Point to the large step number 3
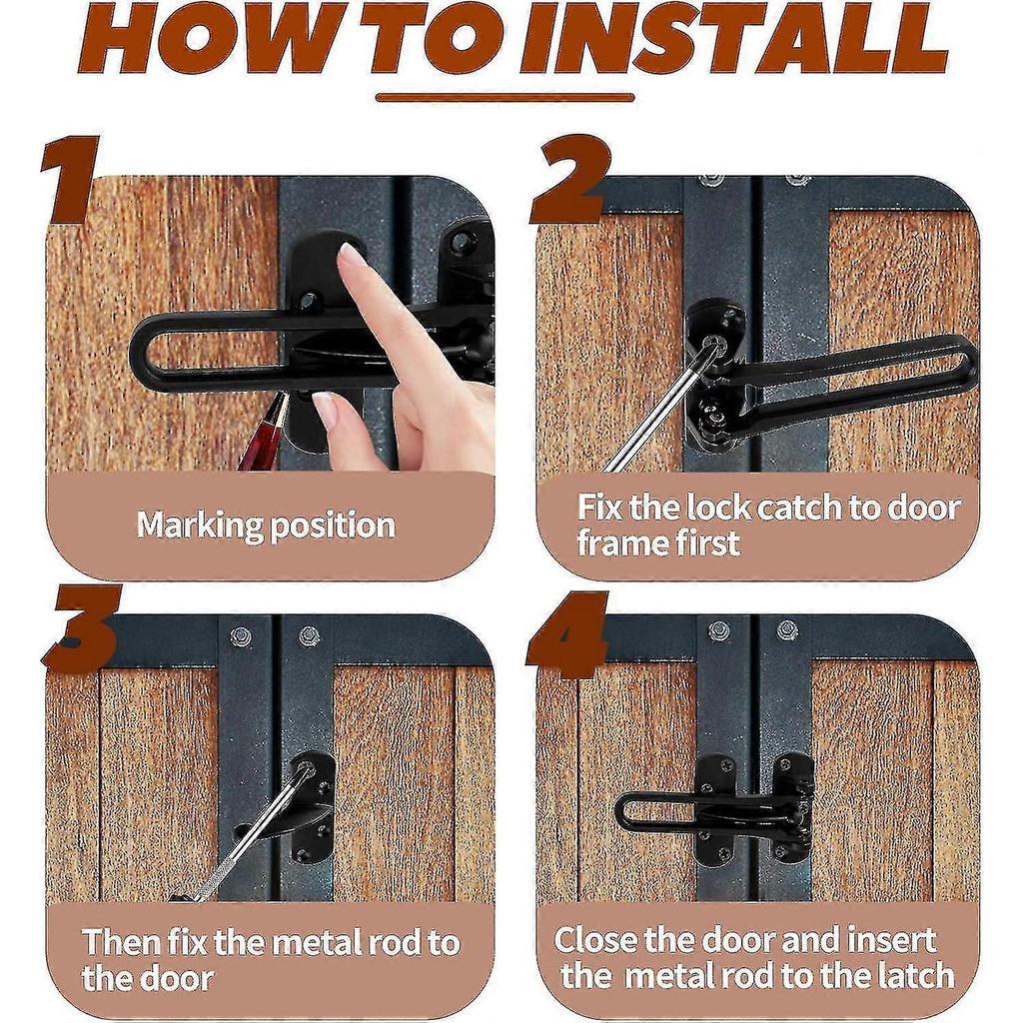coord(83,625)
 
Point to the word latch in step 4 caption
coord(916,976)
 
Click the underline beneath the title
coord(505,98)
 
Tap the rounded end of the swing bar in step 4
coord(624,813)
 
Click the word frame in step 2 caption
coord(624,542)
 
